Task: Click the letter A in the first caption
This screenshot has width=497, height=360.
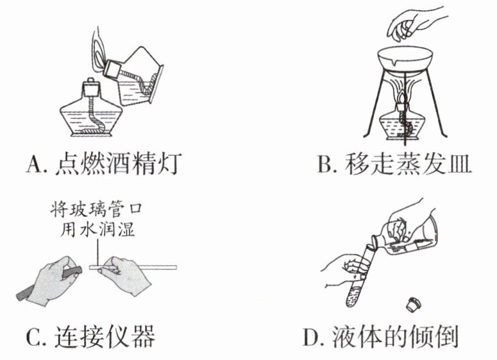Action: point(33,165)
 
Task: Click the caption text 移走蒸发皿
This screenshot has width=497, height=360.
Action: point(404,165)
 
